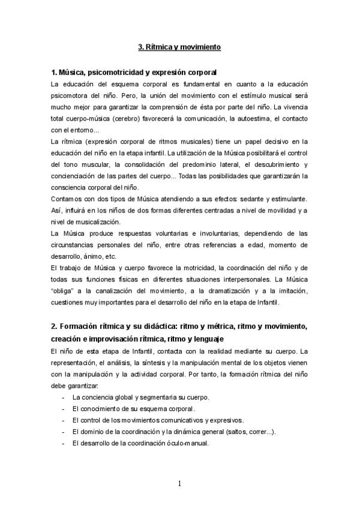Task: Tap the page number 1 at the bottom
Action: [179, 484]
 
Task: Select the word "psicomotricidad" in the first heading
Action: [117, 72]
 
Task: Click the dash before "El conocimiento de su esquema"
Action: [64, 408]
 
